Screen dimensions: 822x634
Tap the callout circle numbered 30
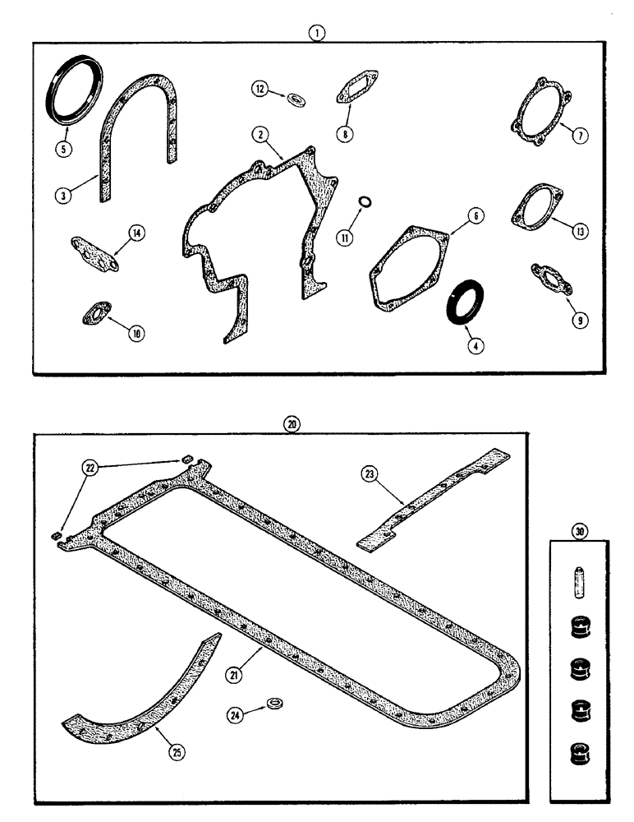point(581,532)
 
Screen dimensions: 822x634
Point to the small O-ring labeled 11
point(365,202)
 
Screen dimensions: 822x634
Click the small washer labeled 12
point(295,99)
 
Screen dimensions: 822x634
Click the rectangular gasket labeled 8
point(352,92)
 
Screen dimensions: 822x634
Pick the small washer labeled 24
point(272,704)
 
